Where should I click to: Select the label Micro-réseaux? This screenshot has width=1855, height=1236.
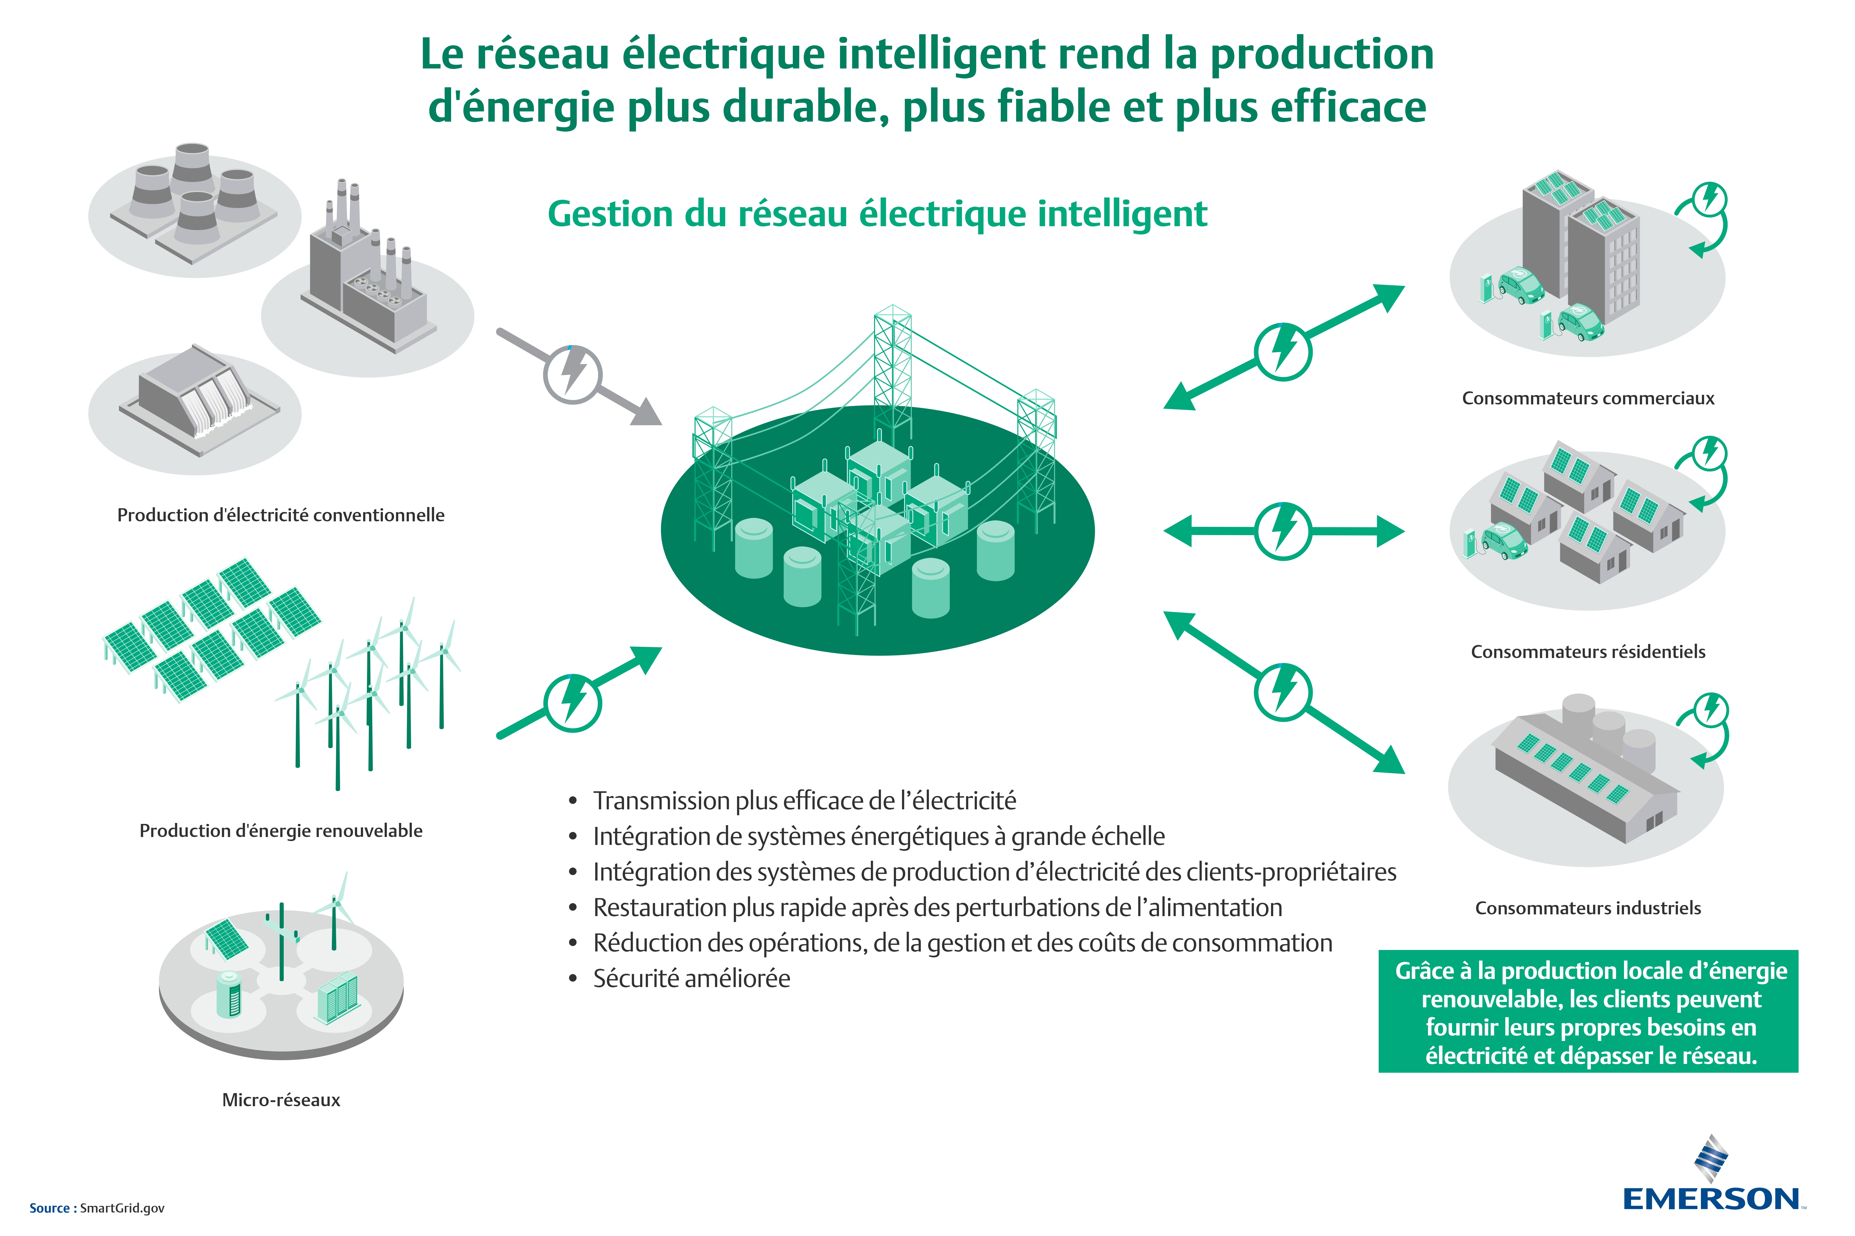[281, 1100]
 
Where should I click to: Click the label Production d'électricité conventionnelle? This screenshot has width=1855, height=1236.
[281, 515]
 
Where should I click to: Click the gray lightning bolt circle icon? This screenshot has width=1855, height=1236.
[573, 375]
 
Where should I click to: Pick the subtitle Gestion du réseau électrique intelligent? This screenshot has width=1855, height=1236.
[877, 214]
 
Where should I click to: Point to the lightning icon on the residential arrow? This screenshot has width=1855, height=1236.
[1283, 530]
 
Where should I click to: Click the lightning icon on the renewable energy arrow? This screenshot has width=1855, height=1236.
[573, 702]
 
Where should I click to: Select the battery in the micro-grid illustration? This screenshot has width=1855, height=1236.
[230, 995]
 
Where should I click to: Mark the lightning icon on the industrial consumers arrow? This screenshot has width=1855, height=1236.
[1283, 691]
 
